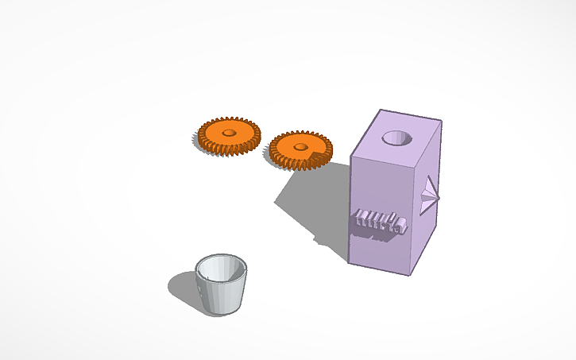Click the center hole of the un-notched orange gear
(230, 132)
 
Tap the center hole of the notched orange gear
(300, 146)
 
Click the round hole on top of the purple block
(396, 138)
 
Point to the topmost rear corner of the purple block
(382, 110)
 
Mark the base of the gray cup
(222, 310)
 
